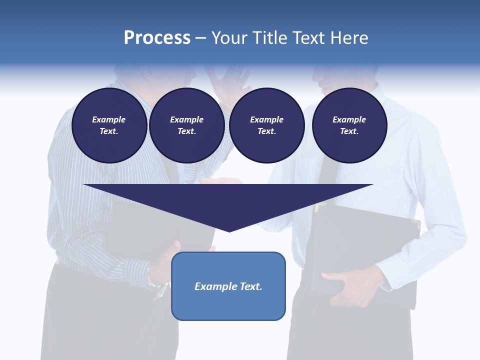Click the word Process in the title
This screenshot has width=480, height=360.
tap(157, 38)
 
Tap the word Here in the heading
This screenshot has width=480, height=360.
tap(347, 38)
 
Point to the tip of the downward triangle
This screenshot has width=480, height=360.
tap(229, 230)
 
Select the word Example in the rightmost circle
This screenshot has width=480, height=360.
tap(349, 119)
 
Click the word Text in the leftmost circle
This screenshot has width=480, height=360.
tap(108, 131)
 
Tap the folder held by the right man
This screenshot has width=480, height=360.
tap(365, 240)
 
